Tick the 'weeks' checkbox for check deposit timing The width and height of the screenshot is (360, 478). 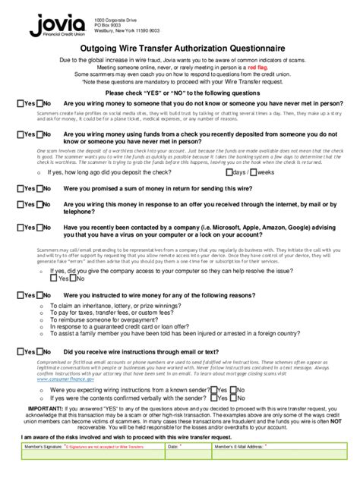255,172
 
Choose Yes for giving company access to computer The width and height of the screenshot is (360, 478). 53,278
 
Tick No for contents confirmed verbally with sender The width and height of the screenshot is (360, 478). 233,397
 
